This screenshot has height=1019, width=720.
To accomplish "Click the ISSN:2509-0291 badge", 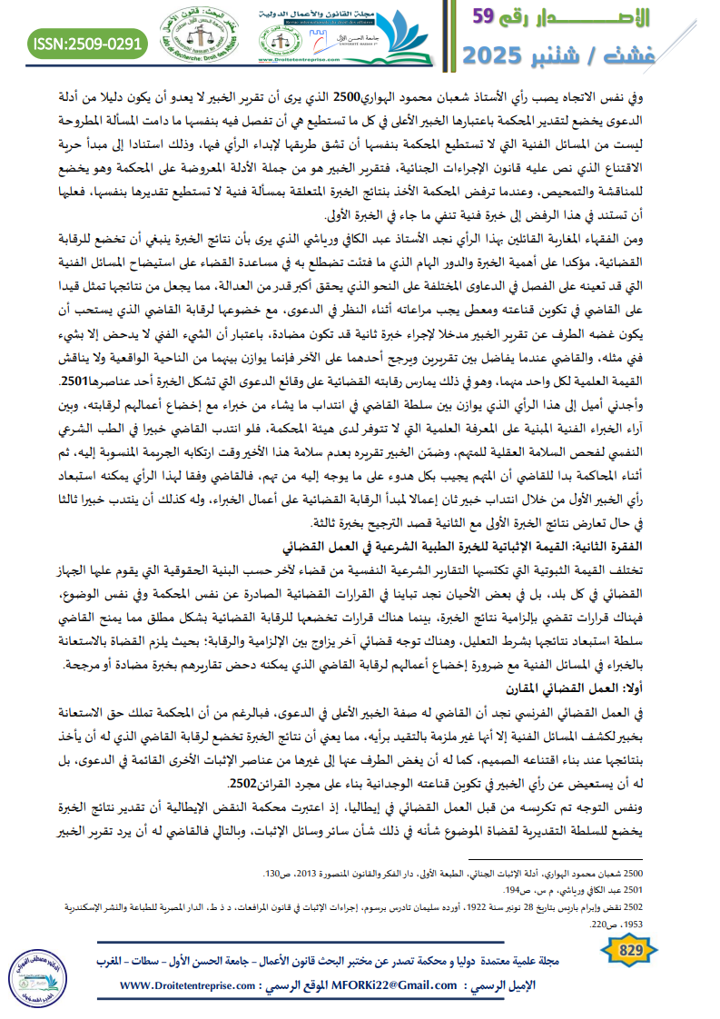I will tap(88, 43).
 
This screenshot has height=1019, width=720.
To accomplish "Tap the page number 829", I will tap(629, 949).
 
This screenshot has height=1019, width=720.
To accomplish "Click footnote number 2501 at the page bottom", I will tap(684, 890).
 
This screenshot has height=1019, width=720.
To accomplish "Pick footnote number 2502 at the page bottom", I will tap(684, 905).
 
